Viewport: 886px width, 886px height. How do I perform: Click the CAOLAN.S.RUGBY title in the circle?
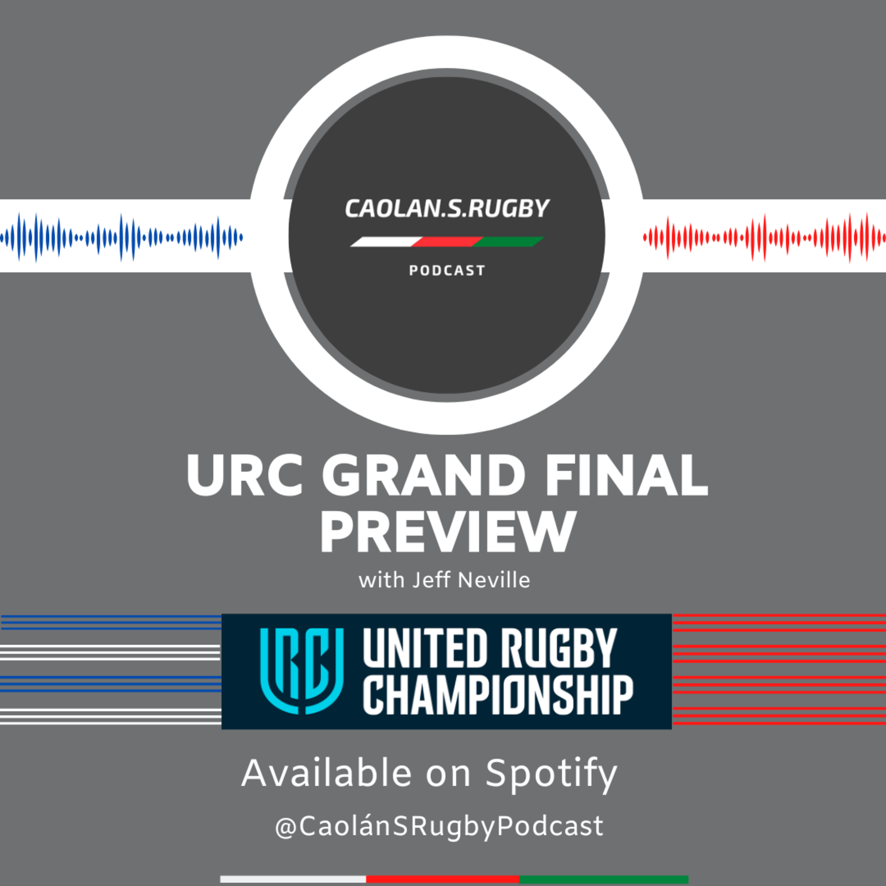point(447,209)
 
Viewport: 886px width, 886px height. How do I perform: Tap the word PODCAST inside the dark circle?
point(447,271)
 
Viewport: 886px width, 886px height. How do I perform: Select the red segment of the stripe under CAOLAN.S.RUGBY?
point(447,242)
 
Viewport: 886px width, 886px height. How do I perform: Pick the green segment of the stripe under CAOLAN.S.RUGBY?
point(508,242)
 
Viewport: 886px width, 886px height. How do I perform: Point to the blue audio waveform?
point(121,237)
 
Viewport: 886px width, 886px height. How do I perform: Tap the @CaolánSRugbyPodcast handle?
point(439,826)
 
